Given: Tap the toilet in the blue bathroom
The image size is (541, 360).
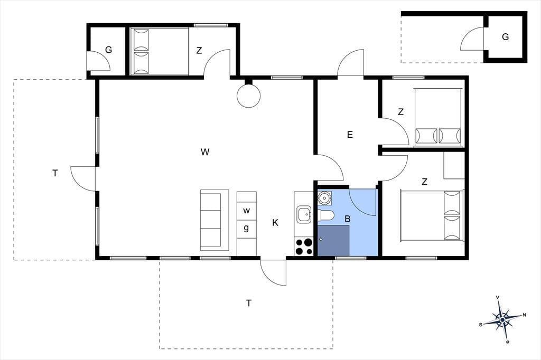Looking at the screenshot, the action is pyautogui.click(x=325, y=215).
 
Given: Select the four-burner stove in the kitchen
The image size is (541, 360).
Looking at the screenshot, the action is pyautogui.click(x=304, y=247).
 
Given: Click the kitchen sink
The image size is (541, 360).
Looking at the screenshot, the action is pyautogui.click(x=304, y=214).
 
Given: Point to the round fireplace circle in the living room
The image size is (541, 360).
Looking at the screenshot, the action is pyautogui.click(x=248, y=96).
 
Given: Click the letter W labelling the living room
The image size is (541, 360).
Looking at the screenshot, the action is pyautogui.click(x=205, y=151).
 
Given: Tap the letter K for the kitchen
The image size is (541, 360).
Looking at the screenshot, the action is pyautogui.click(x=275, y=223).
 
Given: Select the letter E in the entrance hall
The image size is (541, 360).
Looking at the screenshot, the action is pyautogui.click(x=350, y=135).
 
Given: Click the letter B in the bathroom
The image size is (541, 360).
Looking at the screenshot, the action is pyautogui.click(x=348, y=219).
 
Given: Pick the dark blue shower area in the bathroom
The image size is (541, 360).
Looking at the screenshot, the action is pyautogui.click(x=333, y=240).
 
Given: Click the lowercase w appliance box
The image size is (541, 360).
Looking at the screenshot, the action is pyautogui.click(x=246, y=210).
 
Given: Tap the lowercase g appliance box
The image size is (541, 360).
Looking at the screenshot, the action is pyautogui.click(x=246, y=229).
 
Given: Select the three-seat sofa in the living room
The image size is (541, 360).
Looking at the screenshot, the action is pyautogui.click(x=214, y=220).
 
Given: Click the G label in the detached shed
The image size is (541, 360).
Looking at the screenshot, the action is pyautogui.click(x=506, y=37).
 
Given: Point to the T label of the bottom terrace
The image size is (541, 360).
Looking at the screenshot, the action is pyautogui.click(x=249, y=303).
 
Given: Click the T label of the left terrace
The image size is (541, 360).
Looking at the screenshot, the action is pyautogui.click(x=55, y=173).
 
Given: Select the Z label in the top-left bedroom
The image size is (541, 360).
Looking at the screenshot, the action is pyautogui.click(x=199, y=51).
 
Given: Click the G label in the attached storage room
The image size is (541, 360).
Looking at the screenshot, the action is pyautogui.click(x=108, y=50).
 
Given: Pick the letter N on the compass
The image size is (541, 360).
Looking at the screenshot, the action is pyautogui.click(x=525, y=315).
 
